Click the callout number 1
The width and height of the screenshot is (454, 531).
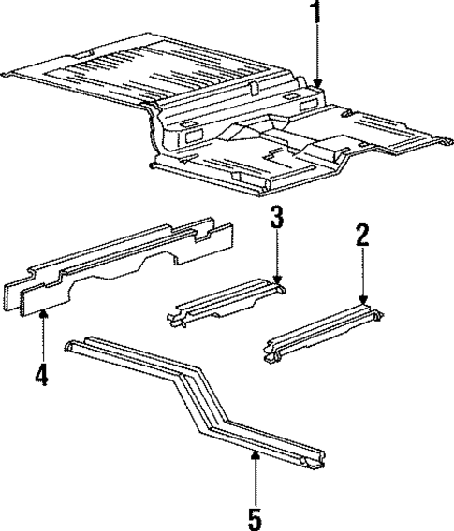click(316, 13)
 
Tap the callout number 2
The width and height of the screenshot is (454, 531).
click(363, 235)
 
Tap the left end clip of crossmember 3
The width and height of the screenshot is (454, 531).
click(174, 321)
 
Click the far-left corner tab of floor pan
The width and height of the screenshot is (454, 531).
click(11, 74)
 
